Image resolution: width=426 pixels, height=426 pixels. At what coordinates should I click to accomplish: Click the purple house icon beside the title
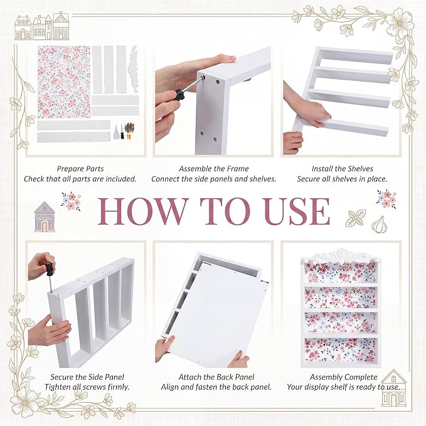click(45, 217)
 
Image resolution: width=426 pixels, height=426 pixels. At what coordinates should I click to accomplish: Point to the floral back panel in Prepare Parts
click(64, 82)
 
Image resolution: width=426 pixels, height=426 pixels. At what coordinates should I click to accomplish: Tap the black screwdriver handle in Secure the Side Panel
click(49, 270)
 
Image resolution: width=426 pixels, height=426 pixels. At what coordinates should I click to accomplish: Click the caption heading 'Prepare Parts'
click(80, 169)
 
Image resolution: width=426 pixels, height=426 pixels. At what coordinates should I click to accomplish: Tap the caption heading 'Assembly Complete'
click(343, 377)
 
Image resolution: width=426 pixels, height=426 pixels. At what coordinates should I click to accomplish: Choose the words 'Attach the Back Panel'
click(216, 377)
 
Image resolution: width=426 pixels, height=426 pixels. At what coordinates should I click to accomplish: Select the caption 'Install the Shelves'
click(343, 169)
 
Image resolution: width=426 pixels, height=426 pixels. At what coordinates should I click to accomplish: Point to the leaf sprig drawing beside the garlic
click(356, 218)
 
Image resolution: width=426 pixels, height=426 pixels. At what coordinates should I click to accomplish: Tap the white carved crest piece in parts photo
click(133, 68)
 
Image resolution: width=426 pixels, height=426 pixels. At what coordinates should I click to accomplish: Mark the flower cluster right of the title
click(386, 199)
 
